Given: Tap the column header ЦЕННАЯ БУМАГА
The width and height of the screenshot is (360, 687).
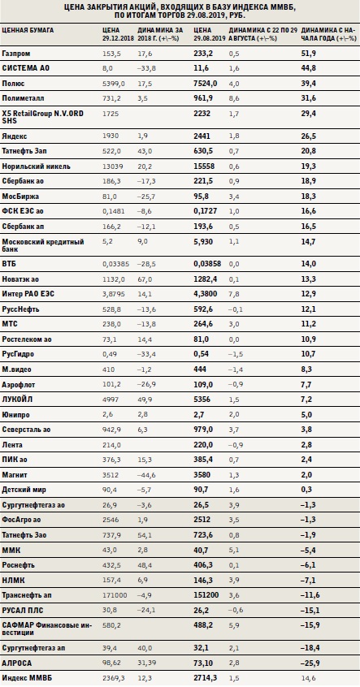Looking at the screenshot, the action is pos(28,30).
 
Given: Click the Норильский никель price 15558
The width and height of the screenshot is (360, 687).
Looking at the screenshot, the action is pos(204,166).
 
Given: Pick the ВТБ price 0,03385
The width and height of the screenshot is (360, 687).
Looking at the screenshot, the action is pos(114,264).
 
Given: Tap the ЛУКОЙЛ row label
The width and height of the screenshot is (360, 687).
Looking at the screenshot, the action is pos(17,400).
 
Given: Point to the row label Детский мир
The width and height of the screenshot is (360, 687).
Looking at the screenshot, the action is pos(24,490).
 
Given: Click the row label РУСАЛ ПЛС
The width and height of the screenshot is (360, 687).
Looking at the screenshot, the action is pos(23,611).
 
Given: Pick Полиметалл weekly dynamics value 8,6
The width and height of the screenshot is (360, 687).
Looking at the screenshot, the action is pos(234,98).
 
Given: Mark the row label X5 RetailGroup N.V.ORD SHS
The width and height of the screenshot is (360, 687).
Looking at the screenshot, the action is pos(42,117).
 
